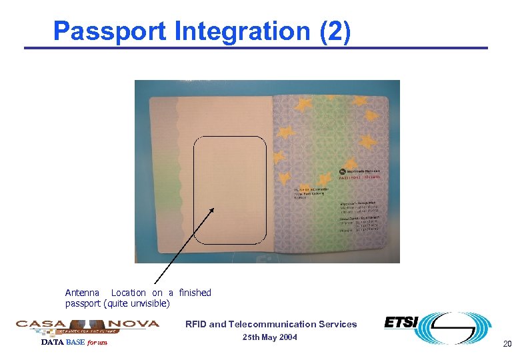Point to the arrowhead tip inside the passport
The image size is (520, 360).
pos(215,208)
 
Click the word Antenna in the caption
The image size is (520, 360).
pos(82,293)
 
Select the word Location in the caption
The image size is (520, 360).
pos(128,293)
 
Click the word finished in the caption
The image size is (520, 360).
pos(195,293)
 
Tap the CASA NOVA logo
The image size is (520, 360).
pos(87,325)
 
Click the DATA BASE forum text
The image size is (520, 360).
pos(74,343)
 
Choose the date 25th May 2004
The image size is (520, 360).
pos(269,337)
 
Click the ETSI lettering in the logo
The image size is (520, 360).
pos(401,323)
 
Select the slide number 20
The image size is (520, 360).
pos(507,344)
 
